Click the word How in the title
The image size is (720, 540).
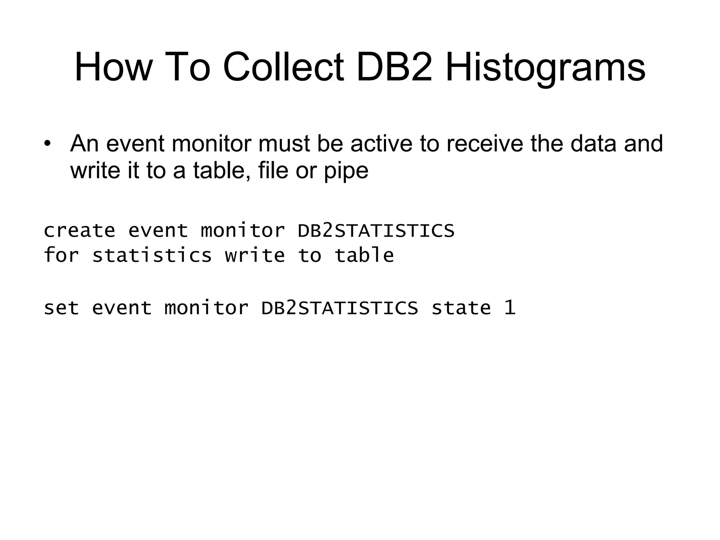112,67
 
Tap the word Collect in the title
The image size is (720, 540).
283,67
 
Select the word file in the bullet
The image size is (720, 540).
273,170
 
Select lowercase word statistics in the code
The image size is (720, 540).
152,255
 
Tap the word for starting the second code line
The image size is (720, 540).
61,255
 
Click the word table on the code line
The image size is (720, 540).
364,255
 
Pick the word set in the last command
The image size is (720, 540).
61,308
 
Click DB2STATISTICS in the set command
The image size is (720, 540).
340,308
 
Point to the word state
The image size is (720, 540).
461,308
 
